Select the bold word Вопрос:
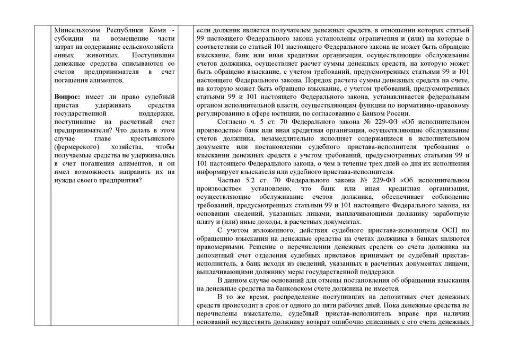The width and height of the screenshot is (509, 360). pyautogui.click(x=67, y=96)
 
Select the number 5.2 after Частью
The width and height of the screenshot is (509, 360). pyautogui.click(x=250, y=180)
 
